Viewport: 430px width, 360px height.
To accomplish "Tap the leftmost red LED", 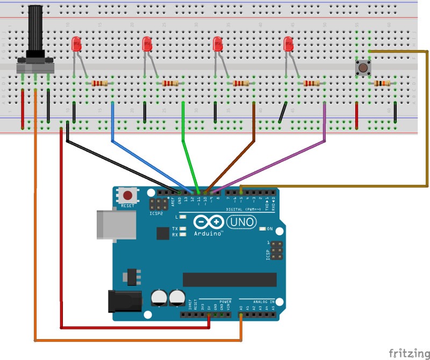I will pyautogui.click(x=76, y=45).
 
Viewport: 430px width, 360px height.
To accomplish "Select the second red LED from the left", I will pyautogui.click(x=147, y=45).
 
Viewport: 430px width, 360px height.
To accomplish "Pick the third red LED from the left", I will pyautogui.click(x=218, y=45).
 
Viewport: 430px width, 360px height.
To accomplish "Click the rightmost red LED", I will pyautogui.click(x=288, y=45).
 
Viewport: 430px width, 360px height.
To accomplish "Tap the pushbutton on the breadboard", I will pyautogui.click(x=363, y=68).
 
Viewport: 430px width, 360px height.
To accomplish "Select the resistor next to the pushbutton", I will pyautogui.click(x=382, y=83).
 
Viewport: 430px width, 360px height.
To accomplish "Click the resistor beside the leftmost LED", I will pyautogui.click(x=99, y=83).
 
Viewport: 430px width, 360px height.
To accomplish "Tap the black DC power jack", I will pyautogui.click(x=124, y=301).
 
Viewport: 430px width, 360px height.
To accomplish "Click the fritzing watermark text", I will pyautogui.click(x=408, y=353).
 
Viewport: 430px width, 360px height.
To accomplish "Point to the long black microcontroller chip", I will pyautogui.click(x=230, y=279).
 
